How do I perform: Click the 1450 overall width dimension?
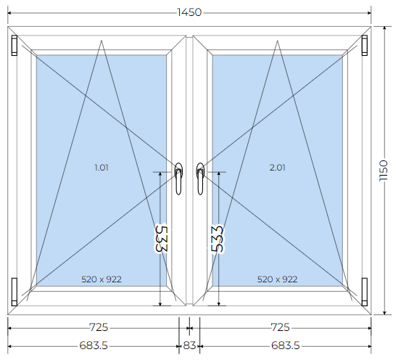tap(189, 12)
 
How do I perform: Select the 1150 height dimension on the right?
tap(384, 171)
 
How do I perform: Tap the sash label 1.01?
tap(102, 168)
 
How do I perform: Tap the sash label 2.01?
tap(278, 168)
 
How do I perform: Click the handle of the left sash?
tap(178, 179)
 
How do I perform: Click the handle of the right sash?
tap(200, 179)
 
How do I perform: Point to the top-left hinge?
tap(15, 45)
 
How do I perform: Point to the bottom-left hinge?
tap(15, 292)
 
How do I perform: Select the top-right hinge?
tap(365, 45)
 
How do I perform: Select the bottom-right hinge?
tap(365, 292)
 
